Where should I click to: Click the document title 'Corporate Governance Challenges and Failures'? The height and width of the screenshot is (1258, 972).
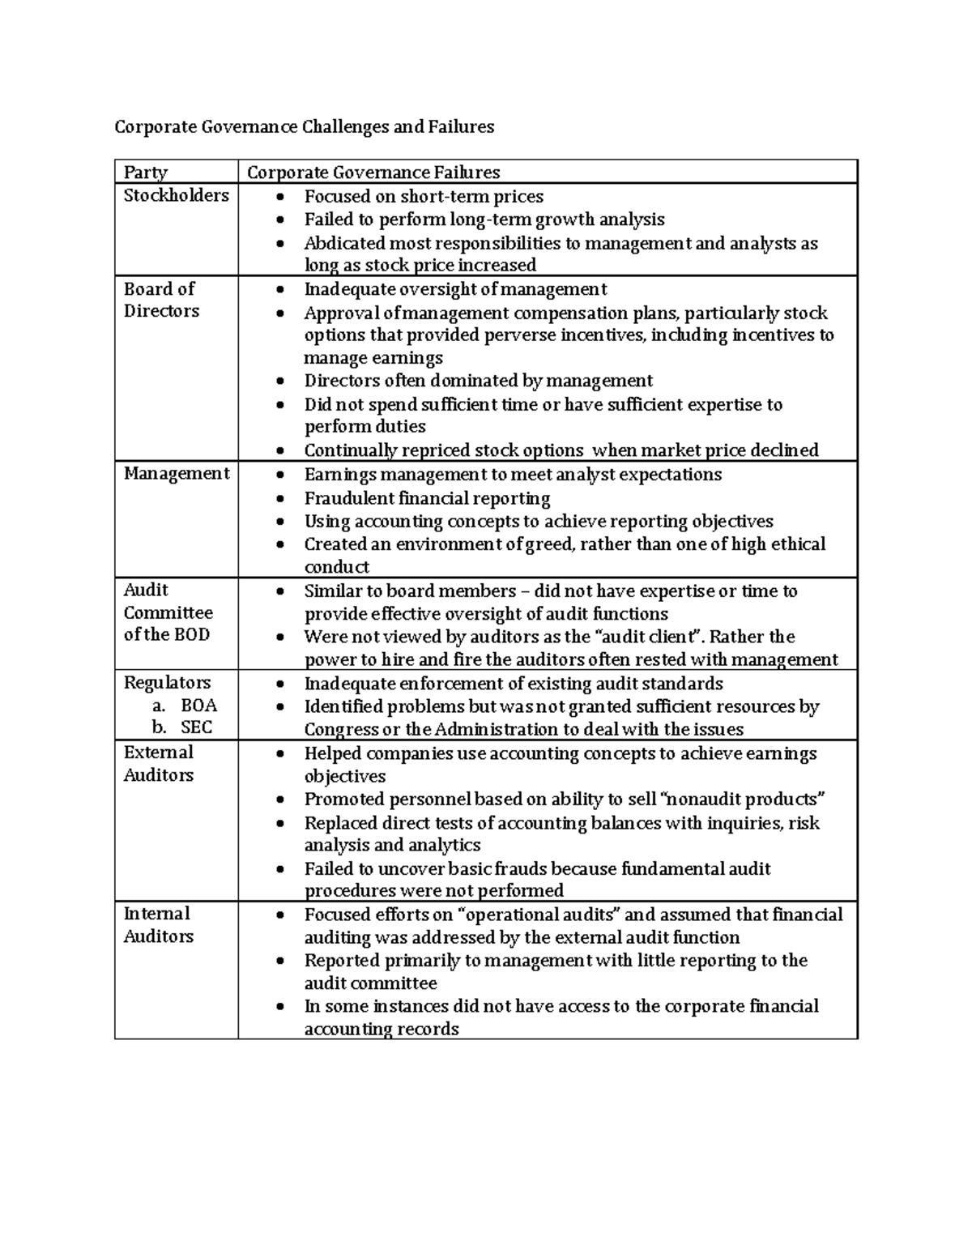304,127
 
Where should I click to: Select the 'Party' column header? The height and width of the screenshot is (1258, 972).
146,173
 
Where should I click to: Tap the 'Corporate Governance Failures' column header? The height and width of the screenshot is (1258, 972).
373,173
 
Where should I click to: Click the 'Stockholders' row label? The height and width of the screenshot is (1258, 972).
176,195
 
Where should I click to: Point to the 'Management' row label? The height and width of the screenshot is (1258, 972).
176,474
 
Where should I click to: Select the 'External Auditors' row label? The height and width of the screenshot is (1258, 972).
159,763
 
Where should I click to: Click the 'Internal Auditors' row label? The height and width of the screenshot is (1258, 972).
159,924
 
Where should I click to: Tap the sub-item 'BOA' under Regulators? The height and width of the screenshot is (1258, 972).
198,705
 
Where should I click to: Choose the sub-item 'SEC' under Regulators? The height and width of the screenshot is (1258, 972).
197,727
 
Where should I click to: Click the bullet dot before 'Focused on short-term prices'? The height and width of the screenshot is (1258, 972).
280,197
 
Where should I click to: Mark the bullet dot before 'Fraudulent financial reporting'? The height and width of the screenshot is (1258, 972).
280,498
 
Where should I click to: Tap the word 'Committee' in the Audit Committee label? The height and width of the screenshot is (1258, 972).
168,613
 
